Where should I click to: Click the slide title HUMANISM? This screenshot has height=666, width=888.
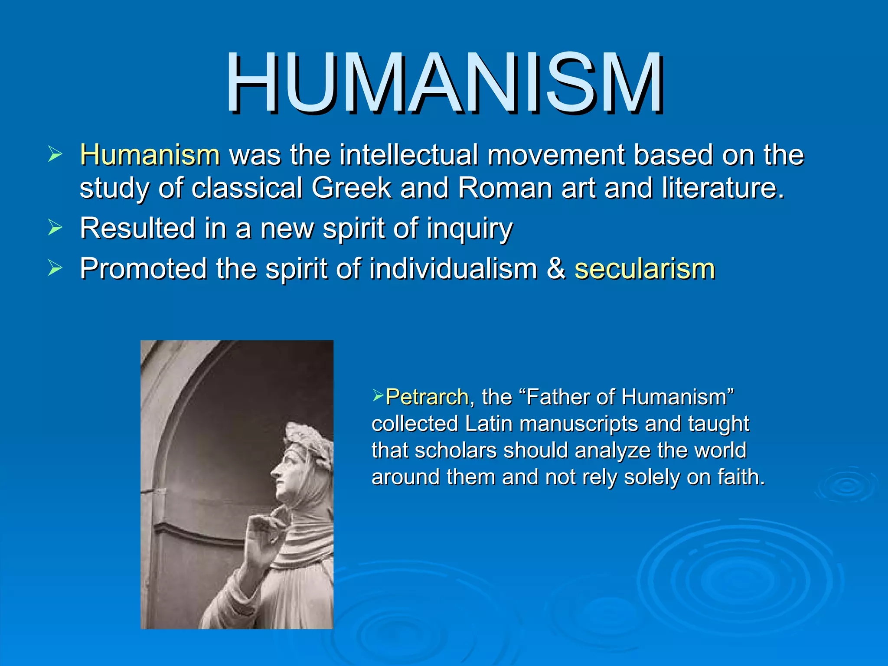(x=444, y=82)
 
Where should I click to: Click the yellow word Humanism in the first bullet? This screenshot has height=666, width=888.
(x=150, y=155)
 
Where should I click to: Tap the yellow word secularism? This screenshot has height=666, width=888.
(x=644, y=269)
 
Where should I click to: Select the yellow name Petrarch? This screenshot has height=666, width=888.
(x=427, y=397)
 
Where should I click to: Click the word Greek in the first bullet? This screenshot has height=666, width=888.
(x=351, y=188)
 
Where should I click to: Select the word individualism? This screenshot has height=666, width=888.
(x=453, y=269)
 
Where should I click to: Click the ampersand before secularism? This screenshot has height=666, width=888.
(x=556, y=269)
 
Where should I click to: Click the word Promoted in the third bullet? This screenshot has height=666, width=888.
(x=143, y=269)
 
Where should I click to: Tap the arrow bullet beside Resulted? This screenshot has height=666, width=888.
(x=55, y=228)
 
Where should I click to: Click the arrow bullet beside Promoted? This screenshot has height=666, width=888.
(x=55, y=268)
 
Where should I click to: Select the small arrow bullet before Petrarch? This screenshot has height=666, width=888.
(x=378, y=395)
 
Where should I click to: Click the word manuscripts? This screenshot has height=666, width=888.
(x=578, y=424)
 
